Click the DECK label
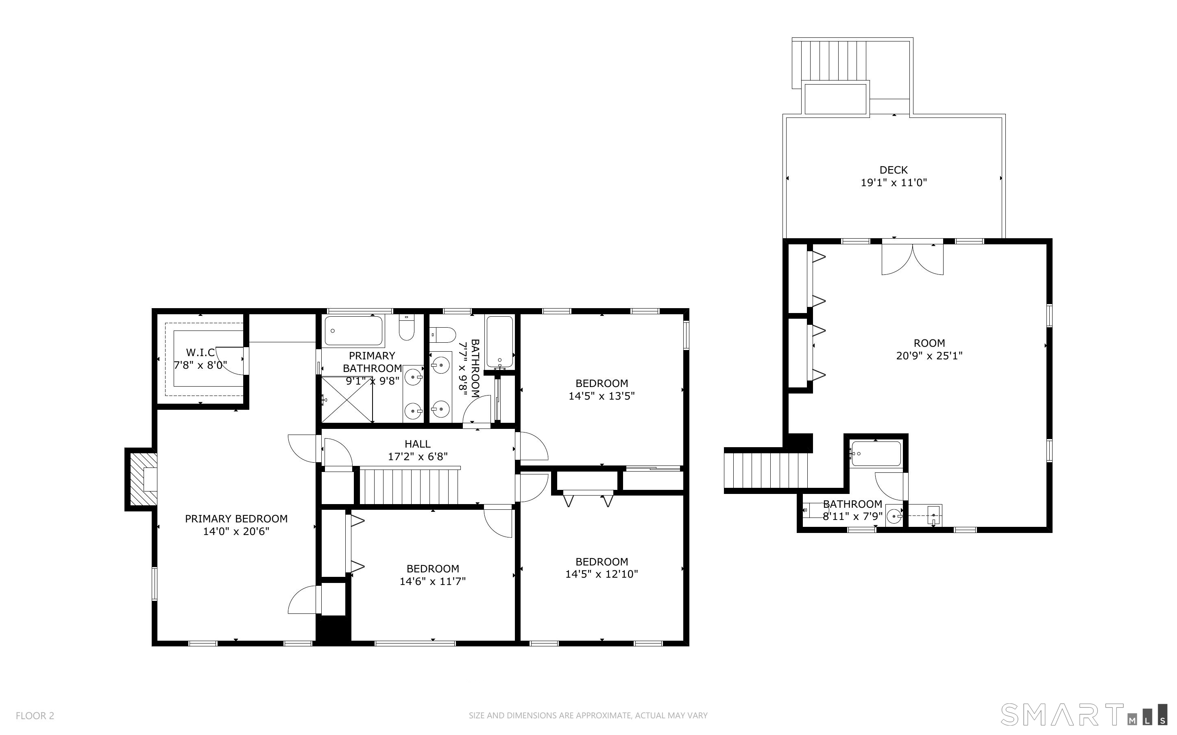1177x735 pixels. pyautogui.click(x=894, y=170)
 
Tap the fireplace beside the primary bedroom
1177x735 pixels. pyautogui.click(x=142, y=479)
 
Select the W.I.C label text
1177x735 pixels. pyautogui.click(x=200, y=352)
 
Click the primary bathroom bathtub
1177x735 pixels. pyautogui.click(x=353, y=331)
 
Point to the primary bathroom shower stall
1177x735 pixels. pyautogui.click(x=347, y=400)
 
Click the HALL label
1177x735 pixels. pyautogui.click(x=418, y=444)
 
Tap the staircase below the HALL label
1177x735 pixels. pyautogui.click(x=410, y=486)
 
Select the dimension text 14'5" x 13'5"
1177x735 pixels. pyautogui.click(x=602, y=396)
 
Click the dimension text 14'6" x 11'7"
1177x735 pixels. pyautogui.click(x=433, y=581)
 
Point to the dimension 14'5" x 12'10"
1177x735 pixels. pyautogui.click(x=602, y=574)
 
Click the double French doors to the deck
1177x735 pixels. pyautogui.click(x=913, y=258)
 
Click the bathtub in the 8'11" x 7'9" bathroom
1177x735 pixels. pyautogui.click(x=876, y=454)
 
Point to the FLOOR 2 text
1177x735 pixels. pyautogui.click(x=35, y=715)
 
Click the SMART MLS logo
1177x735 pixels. pyautogui.click(x=1083, y=715)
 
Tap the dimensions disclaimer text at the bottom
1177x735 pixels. pyautogui.click(x=588, y=715)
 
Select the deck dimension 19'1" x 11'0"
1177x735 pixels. pyautogui.click(x=894, y=183)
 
